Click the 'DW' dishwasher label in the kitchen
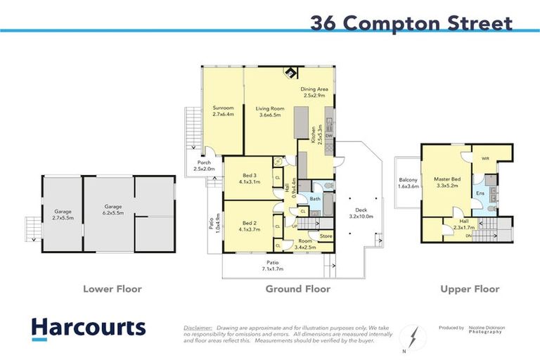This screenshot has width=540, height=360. coord(328,136)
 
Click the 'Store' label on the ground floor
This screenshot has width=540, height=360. coord(326,236)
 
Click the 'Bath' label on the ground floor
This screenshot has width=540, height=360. coord(314,199)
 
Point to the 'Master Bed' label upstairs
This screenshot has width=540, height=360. coord(446,181)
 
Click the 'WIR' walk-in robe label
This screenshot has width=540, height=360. coord(484,158)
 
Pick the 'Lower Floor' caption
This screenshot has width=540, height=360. coord(112,289)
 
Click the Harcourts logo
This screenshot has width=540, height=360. coord(89,328)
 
